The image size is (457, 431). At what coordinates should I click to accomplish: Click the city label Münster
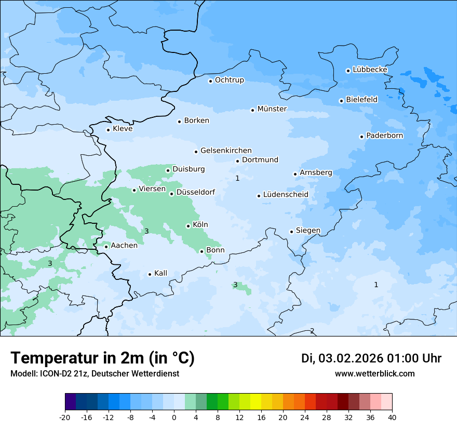(x=272, y=109)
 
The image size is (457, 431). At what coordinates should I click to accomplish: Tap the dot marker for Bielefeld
(x=341, y=101)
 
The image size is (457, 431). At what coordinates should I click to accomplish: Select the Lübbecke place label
(x=370, y=70)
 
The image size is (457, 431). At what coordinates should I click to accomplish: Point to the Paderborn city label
(x=384, y=136)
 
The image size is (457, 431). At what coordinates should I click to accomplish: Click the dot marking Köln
(x=188, y=226)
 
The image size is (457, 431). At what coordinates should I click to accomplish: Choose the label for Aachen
(x=124, y=246)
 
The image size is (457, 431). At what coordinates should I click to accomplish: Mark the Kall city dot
(x=150, y=274)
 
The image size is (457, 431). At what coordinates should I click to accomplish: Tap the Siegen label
(x=308, y=231)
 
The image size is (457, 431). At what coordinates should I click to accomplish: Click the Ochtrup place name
(x=229, y=80)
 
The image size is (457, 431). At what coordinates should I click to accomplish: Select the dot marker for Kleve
(x=108, y=130)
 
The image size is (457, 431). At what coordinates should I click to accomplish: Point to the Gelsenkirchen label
(x=226, y=151)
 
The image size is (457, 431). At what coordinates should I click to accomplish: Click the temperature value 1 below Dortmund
(x=237, y=178)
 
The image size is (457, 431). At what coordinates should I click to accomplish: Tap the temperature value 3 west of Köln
(x=146, y=231)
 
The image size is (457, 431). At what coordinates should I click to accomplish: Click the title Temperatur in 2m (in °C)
(x=102, y=358)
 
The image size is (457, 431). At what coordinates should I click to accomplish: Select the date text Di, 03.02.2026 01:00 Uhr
(x=371, y=358)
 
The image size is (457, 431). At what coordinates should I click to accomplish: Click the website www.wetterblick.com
(x=374, y=373)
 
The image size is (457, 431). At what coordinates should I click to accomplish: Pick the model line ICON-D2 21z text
(x=95, y=373)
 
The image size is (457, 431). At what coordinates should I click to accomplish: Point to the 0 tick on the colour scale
(x=174, y=417)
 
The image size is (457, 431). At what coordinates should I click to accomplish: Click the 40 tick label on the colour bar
(x=392, y=417)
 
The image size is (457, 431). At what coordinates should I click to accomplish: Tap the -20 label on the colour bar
(x=65, y=417)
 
